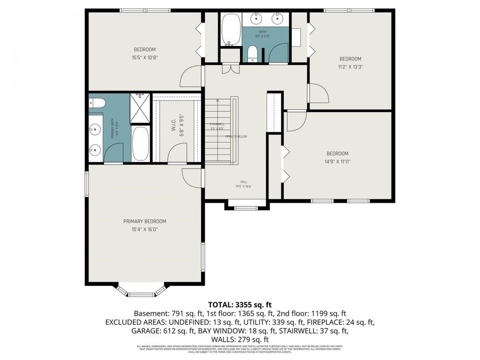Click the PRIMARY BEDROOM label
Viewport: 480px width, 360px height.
[x=145, y=221]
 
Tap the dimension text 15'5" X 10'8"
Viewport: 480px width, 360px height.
[x=145, y=58]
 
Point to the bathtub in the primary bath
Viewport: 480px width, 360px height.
[x=141, y=143]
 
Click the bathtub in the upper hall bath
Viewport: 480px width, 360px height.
[x=231, y=30]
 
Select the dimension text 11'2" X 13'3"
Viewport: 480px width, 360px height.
[x=350, y=67]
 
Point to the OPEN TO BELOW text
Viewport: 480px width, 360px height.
[x=236, y=137]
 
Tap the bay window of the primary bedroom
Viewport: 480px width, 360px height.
[x=141, y=291]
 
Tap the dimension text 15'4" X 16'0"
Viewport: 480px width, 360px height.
[x=145, y=229]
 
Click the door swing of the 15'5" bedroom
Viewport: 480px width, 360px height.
[x=191, y=78]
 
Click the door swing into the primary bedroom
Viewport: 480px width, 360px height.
[x=191, y=177]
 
